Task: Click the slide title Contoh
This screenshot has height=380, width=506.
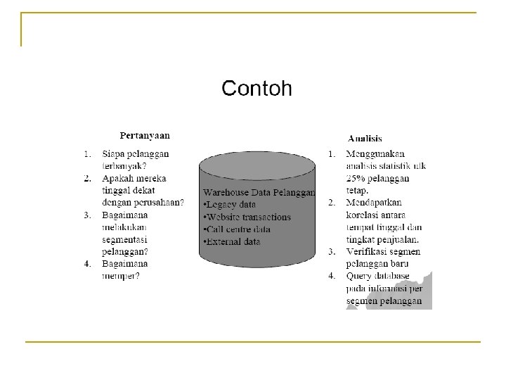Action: (257, 89)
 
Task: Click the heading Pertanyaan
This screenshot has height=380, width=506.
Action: (145, 136)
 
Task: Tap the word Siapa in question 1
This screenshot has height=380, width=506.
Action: (114, 153)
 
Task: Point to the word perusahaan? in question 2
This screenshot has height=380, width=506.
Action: (162, 203)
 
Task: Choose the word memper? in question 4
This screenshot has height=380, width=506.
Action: (121, 277)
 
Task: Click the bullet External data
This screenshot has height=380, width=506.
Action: (235, 242)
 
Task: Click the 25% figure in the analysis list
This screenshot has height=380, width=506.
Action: (356, 178)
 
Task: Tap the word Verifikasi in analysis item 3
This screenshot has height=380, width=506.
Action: (369, 252)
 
